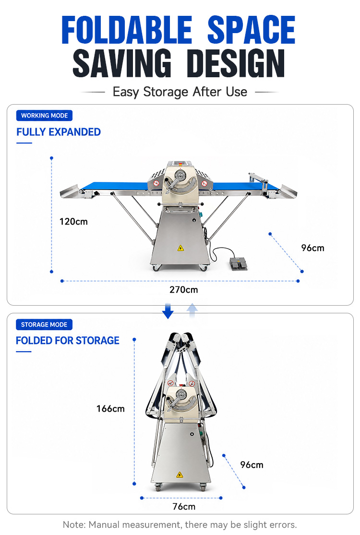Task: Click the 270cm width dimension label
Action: (183, 290)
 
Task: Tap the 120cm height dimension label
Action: (73, 222)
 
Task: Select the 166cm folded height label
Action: (110, 409)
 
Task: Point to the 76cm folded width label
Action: (184, 506)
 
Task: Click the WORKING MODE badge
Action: (44, 116)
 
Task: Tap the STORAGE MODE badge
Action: (44, 324)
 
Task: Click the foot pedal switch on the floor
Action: (238, 263)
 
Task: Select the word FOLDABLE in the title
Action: (127, 30)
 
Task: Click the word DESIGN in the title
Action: (236, 63)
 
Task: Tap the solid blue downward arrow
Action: (168, 311)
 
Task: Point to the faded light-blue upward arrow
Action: (192, 310)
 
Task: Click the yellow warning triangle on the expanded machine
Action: (180, 248)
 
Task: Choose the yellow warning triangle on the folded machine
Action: (180, 475)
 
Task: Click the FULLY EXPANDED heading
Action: (59, 132)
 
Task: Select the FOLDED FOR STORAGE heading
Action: (68, 341)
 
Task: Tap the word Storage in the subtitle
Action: (166, 92)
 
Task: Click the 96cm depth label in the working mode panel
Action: (312, 248)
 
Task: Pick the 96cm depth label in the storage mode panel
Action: (252, 465)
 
